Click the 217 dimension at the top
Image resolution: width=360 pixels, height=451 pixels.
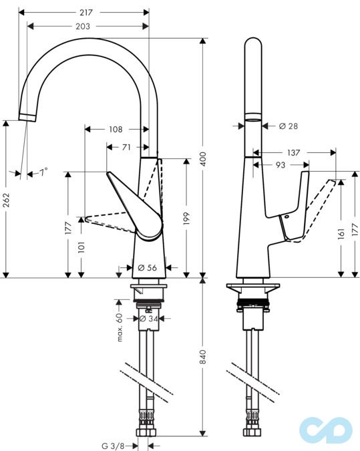85,12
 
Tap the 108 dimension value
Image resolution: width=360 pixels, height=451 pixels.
116,129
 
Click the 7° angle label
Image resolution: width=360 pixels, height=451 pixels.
43,172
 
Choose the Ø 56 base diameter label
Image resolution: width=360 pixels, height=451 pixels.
147,267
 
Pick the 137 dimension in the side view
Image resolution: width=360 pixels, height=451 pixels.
294,153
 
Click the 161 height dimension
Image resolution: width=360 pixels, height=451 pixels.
341,233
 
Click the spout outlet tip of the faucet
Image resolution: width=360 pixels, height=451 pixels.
27,118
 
